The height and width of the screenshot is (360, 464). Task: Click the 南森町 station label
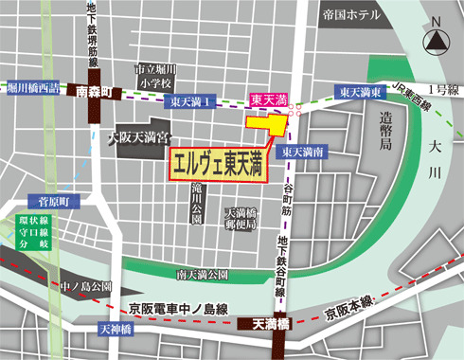pyautogui.click(x=94, y=94)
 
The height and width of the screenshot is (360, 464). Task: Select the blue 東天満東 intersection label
pyautogui.click(x=362, y=92)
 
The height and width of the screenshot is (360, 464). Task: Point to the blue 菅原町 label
pyautogui.click(x=43, y=202)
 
